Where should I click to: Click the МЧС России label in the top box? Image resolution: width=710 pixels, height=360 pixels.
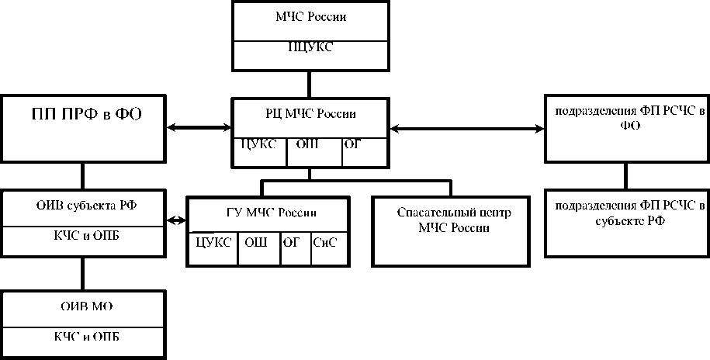coord(310,18)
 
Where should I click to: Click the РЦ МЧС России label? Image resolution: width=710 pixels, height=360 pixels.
coord(310,114)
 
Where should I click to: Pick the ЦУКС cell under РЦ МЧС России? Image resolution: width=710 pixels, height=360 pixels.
coord(259,144)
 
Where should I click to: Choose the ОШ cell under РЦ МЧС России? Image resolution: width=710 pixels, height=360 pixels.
coord(313,144)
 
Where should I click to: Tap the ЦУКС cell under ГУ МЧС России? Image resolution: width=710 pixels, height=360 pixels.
coord(213,242)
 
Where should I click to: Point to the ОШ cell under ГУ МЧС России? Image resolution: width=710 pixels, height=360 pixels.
coord(257,242)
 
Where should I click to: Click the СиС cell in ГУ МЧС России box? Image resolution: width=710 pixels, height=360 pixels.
coord(326,242)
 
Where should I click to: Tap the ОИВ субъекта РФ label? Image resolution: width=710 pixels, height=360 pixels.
coord(82,206)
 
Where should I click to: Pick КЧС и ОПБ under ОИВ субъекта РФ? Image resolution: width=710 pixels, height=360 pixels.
coord(82,237)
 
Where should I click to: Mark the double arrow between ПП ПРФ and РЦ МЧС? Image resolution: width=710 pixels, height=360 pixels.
coord(199,126)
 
